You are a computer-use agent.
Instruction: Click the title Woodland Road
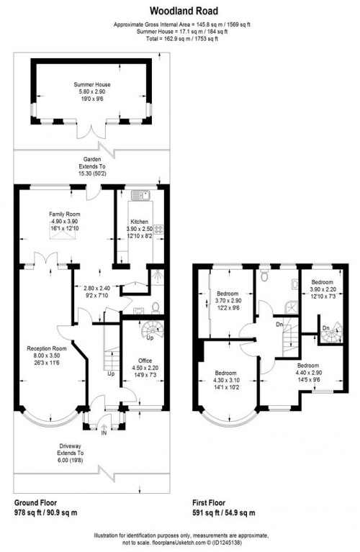[184, 11]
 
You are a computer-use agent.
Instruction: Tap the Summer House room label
[92, 84]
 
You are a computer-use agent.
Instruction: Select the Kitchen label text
[140, 222]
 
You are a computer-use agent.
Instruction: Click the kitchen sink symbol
[141, 195]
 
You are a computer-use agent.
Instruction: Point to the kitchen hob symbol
[159, 229]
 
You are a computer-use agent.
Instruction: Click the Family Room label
[65, 214]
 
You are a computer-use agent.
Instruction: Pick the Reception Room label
[47, 348]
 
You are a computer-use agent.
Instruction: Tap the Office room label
[145, 361]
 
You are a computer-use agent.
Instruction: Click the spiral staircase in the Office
[153, 331]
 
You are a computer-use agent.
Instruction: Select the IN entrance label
[104, 433]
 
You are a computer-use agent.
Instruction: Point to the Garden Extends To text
[92, 163]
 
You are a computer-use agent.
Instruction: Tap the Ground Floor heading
[35, 503]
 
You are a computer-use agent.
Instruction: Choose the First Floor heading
[209, 503]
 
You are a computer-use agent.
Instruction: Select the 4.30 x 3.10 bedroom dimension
[226, 380]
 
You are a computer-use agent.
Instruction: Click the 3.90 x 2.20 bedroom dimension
[323, 289]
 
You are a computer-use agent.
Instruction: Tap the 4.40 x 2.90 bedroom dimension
[308, 373]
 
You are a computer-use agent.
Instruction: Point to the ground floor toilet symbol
[156, 308]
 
